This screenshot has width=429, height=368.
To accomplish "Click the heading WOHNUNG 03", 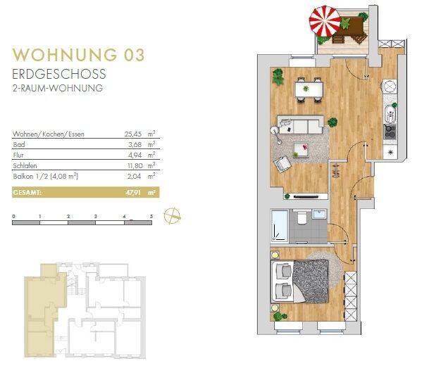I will point(80,55).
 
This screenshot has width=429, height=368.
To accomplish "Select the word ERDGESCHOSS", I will point(58,74).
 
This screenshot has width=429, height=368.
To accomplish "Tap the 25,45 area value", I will point(133,133).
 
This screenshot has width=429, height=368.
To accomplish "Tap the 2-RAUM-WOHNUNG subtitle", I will point(58,89).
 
